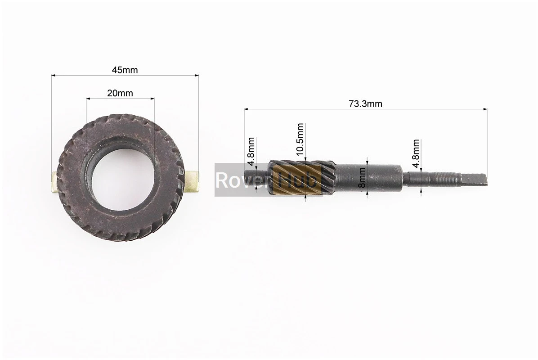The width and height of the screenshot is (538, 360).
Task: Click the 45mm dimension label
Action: pos(125,70)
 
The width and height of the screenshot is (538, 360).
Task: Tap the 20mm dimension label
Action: pos(120,93)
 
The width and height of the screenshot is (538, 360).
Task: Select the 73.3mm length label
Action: pos(365,103)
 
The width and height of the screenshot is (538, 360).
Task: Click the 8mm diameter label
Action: pos(362,177)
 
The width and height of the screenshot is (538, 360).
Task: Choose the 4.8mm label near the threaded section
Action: pos(416,153)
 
